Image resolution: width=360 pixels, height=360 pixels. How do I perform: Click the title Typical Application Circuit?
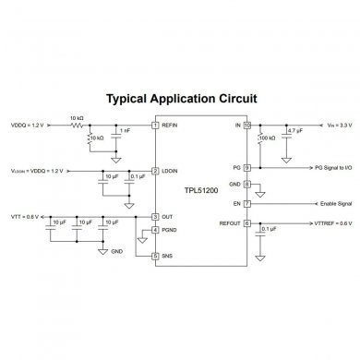pyautogui.click(x=180, y=97)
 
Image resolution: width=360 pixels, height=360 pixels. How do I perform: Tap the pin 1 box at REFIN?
pyautogui.click(x=155, y=125)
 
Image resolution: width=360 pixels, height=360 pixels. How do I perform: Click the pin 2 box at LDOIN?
pyautogui.click(x=155, y=171)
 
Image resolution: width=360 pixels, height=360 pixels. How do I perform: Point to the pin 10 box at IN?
pyautogui.click(x=246, y=125)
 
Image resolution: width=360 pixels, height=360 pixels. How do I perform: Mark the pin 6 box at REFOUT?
pyautogui.click(x=246, y=222)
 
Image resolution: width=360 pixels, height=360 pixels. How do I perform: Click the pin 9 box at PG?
pyautogui.click(x=246, y=168)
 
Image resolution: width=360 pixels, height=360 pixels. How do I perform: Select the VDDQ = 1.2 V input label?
pyautogui.click(x=28, y=125)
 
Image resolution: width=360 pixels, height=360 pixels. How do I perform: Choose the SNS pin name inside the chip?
pyautogui.click(x=169, y=255)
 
